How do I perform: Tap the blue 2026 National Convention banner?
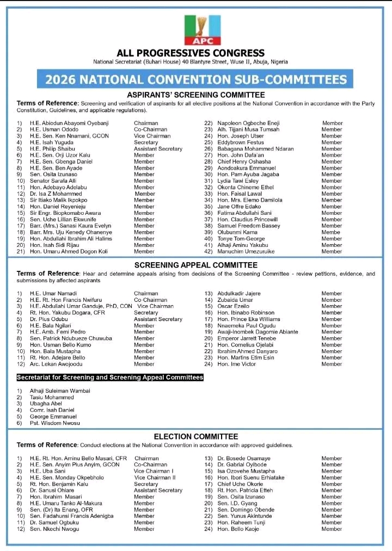(195, 80)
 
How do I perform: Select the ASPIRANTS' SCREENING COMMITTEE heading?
(195, 94)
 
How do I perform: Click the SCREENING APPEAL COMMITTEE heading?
(195, 265)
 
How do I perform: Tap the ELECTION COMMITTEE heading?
(195, 436)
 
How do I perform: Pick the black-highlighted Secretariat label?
(110, 377)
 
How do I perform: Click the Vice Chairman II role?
(155, 478)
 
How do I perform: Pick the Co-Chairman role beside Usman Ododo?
(150, 130)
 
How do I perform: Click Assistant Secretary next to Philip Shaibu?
(158, 149)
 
